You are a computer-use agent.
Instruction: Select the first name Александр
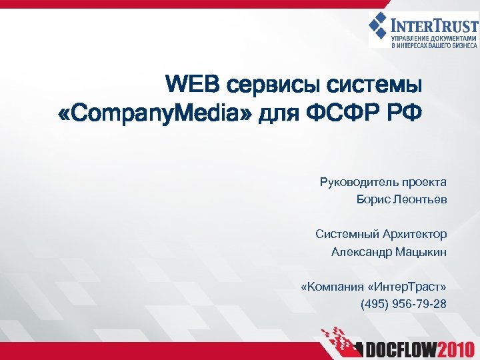tap(361, 252)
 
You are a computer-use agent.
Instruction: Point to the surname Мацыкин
tap(421, 252)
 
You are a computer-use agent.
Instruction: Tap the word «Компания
tap(331, 287)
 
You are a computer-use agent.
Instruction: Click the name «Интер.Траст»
tap(407, 287)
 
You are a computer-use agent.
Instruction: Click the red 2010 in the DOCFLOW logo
tap(453, 347)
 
